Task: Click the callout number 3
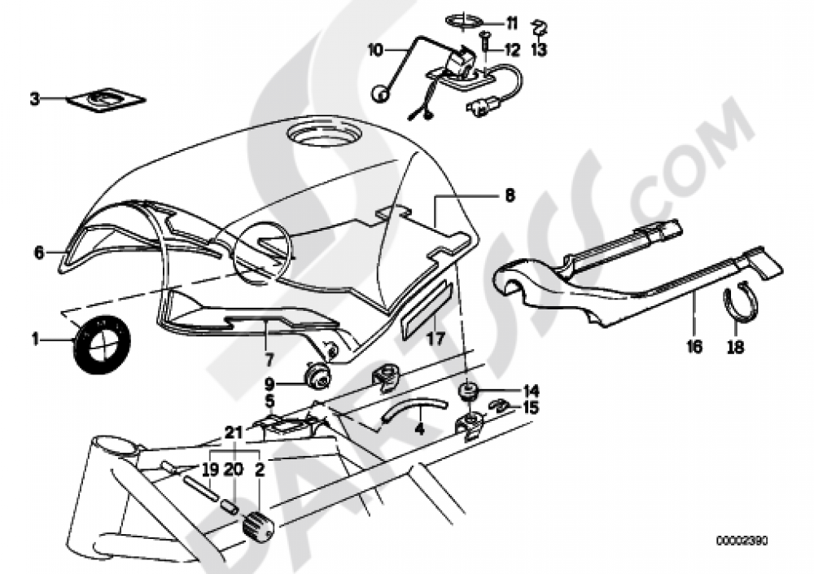pyautogui.click(x=34, y=99)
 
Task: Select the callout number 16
pyautogui.click(x=694, y=347)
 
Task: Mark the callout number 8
pyautogui.click(x=509, y=196)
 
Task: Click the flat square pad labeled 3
pyautogui.click(x=105, y=100)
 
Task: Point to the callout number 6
pyautogui.click(x=38, y=252)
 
